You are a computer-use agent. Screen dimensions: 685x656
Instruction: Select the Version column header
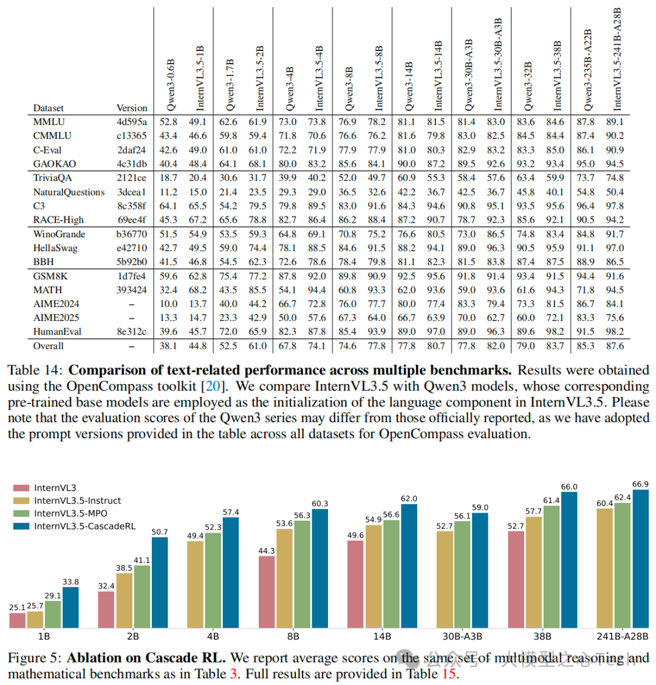[x=132, y=108]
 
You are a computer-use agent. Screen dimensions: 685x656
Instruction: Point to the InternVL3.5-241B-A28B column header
[x=618, y=59]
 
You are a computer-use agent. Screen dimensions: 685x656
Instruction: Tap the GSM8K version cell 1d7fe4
[x=132, y=275]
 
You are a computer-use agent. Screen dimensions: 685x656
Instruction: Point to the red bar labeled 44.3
[x=267, y=592]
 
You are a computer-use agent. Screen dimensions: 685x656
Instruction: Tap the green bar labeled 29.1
[x=53, y=613]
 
